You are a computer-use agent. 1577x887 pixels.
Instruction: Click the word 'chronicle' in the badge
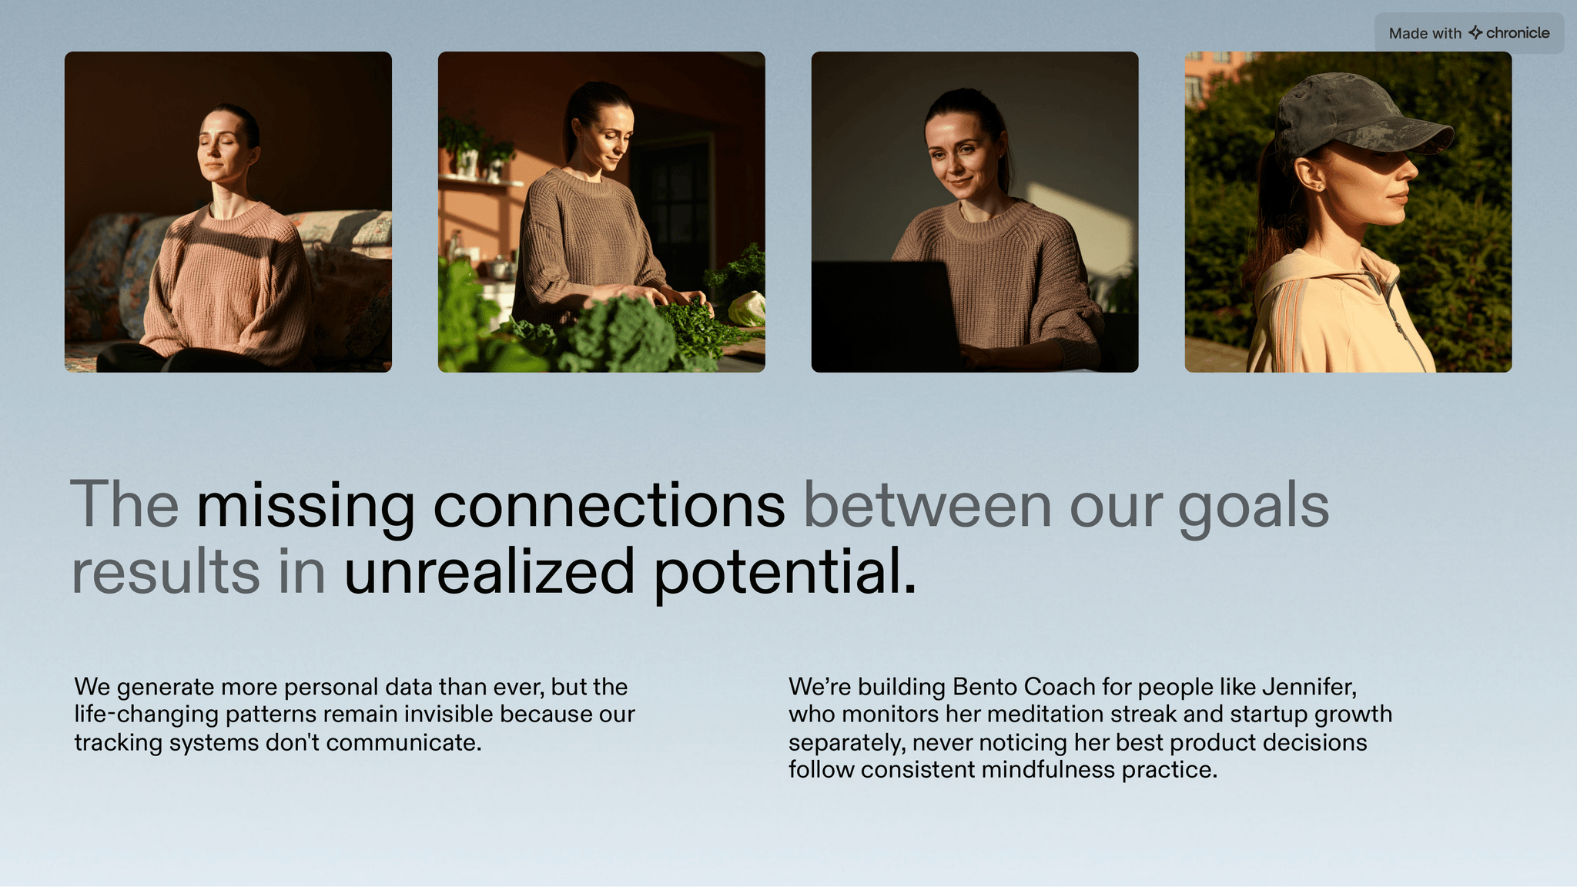[1518, 33]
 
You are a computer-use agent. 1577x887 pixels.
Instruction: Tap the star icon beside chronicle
[1475, 32]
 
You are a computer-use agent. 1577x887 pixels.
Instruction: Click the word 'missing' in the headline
[306, 507]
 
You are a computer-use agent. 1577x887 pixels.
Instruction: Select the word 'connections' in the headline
[609, 506]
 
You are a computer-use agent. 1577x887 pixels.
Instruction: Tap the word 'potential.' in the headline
[785, 574]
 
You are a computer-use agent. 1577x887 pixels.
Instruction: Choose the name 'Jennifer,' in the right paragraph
[1309, 687]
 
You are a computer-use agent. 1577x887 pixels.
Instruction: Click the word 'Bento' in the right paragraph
[985, 687]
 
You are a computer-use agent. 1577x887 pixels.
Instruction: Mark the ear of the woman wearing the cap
[1307, 173]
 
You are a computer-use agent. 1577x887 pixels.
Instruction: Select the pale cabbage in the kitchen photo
[746, 309]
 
